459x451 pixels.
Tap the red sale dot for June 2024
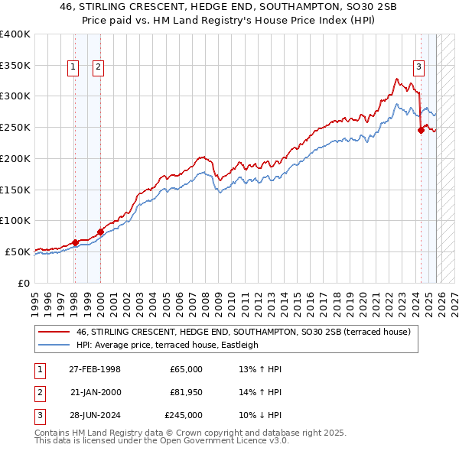(x=421, y=131)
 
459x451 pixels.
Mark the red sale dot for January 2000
(x=100, y=232)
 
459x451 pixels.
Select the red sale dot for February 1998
(x=75, y=242)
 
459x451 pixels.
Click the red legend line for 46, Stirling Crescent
(x=54, y=332)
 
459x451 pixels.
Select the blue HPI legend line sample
(x=54, y=345)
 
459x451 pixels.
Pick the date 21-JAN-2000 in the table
(x=95, y=392)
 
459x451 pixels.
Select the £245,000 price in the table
(x=184, y=415)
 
